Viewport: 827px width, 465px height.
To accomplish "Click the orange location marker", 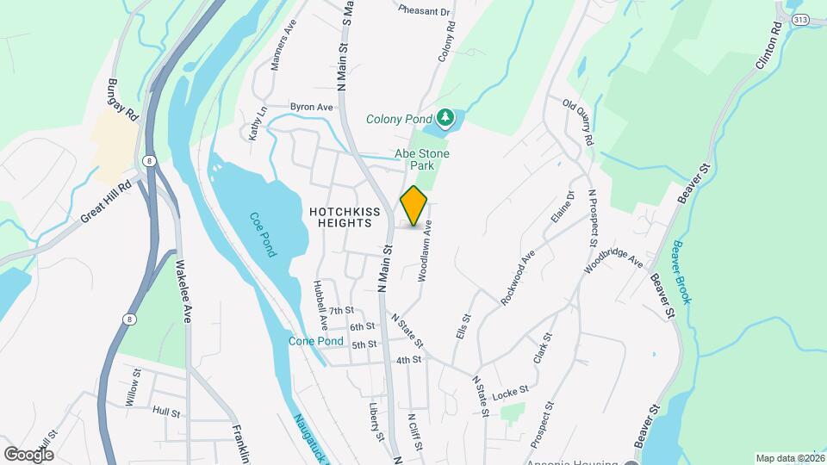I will [413, 206].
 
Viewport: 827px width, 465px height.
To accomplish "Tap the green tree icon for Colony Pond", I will [445, 116].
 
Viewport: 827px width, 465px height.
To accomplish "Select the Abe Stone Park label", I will [422, 159].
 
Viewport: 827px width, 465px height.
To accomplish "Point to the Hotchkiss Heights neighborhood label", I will [342, 216].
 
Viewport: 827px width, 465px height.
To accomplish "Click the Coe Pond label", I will [264, 234].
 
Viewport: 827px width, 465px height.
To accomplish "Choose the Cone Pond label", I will [316, 341].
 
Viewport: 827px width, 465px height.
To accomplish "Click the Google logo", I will [28, 454].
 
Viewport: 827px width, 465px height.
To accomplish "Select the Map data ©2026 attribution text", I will [790, 458].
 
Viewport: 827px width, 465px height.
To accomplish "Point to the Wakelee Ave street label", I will [183, 290].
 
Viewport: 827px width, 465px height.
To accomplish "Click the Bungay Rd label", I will [123, 100].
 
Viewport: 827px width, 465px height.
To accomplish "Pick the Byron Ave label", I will [312, 107].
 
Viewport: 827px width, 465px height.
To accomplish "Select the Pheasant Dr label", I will [425, 11].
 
